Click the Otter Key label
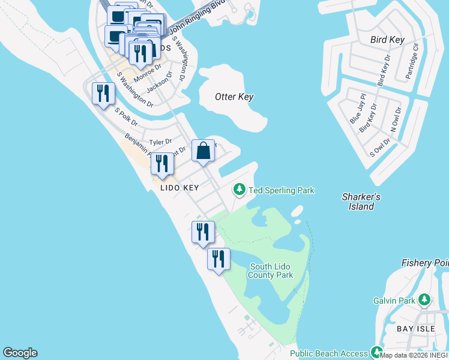point(234,97)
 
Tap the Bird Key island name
point(387,40)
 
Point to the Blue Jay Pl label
point(358,109)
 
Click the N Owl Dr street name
point(395,121)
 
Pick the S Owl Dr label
point(380,147)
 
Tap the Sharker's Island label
point(361,202)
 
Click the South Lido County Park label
point(271,271)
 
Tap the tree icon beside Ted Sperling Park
point(240,190)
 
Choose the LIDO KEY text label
point(179,188)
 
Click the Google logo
point(20,353)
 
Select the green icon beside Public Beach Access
point(377,352)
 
